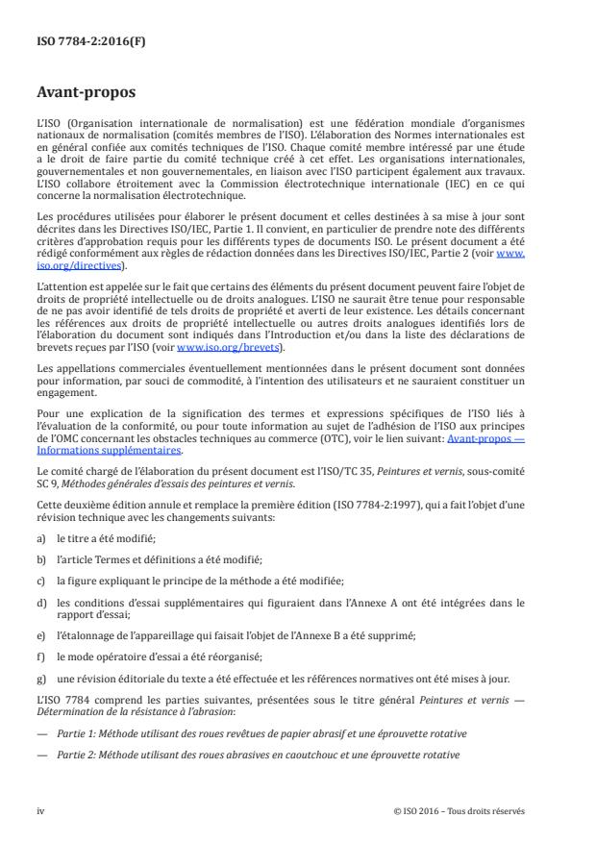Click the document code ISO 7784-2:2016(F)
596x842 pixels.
tap(78, 41)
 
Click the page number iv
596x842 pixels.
tap(40, 809)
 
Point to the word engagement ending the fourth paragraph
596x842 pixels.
tap(65, 397)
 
